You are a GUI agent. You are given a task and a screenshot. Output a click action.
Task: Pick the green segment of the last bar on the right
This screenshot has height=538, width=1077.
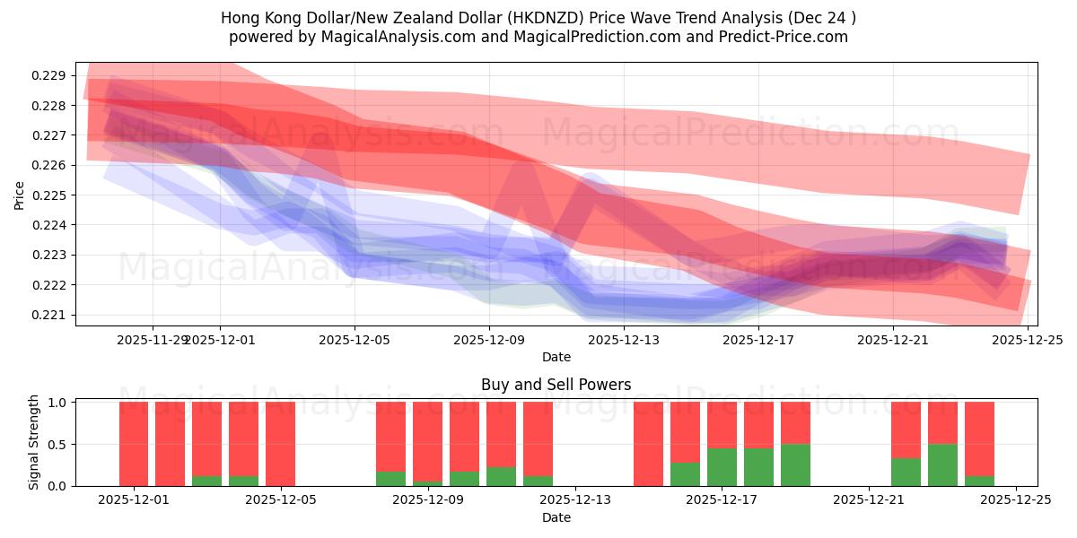coord(979,481)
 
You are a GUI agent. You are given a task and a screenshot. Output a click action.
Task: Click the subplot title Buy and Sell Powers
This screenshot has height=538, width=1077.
coord(556,385)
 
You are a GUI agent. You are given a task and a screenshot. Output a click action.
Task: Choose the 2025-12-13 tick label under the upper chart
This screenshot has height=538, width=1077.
coord(624,340)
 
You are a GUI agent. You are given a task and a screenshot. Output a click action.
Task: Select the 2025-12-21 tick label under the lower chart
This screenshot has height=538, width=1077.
coord(869,500)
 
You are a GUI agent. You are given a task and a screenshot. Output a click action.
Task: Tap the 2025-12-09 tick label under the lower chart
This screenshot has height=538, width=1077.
coord(427,500)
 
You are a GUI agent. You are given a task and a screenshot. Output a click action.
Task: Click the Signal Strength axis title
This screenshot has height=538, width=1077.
coord(34,442)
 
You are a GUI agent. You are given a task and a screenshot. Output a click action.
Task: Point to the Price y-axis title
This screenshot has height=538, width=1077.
coord(20,195)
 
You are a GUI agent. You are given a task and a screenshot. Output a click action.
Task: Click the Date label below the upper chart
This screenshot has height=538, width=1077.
coord(556,357)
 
